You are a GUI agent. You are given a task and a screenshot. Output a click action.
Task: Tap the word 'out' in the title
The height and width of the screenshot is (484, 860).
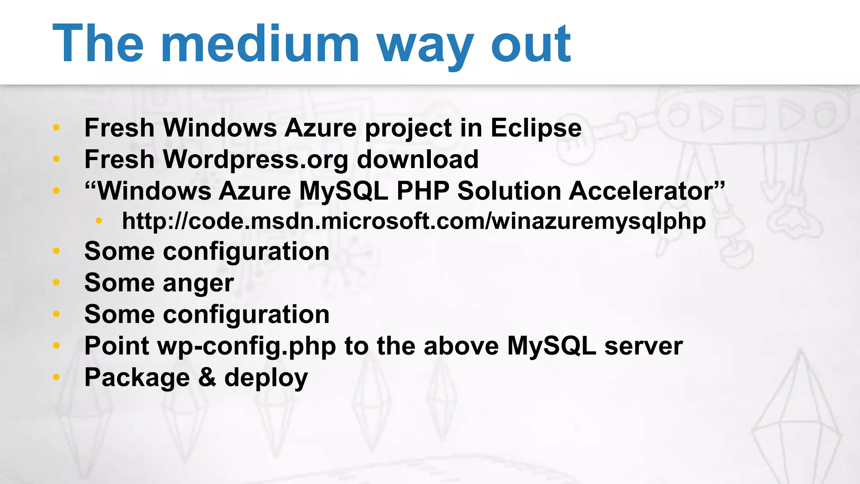(x=531, y=44)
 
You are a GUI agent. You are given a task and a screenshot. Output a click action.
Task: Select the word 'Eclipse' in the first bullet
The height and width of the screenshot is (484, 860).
(x=536, y=128)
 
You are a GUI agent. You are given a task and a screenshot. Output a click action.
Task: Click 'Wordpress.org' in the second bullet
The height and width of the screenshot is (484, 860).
(x=255, y=160)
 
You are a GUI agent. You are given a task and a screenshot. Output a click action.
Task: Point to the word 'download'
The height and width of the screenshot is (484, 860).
(x=417, y=160)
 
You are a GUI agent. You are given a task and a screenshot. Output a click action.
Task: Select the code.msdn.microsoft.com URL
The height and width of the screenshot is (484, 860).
(x=414, y=221)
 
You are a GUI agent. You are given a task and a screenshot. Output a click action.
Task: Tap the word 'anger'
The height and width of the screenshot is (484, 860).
(x=198, y=283)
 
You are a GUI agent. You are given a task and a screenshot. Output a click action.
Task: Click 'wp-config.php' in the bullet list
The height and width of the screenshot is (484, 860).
(x=246, y=346)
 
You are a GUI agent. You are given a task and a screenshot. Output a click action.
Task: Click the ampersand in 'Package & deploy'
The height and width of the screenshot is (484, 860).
(x=207, y=377)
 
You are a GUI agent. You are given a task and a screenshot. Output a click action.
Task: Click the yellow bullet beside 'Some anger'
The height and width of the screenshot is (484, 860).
(x=56, y=282)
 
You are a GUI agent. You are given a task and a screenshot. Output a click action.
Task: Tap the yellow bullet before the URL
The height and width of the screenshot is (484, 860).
(x=99, y=221)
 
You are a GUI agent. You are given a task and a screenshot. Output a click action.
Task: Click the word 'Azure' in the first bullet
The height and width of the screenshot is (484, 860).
(x=320, y=128)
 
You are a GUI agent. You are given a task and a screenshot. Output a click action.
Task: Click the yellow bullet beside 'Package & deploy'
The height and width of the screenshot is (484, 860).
(x=56, y=377)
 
